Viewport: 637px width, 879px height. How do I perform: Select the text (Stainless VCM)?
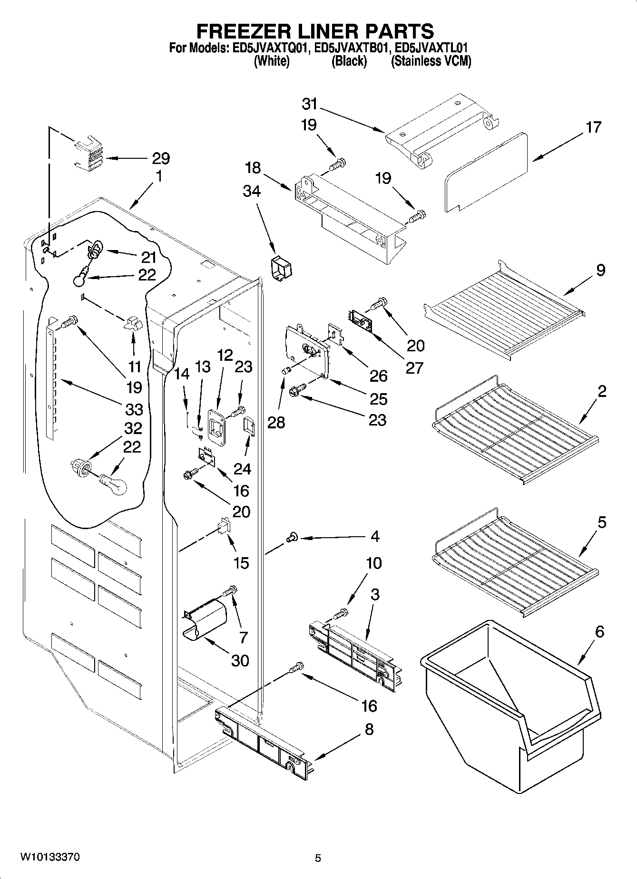[431, 61]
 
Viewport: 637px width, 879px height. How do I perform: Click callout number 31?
[309, 104]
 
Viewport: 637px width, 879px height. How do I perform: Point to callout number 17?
[594, 127]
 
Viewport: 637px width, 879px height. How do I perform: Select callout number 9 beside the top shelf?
[600, 270]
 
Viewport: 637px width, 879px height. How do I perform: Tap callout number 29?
[161, 158]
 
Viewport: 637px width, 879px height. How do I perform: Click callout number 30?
[240, 660]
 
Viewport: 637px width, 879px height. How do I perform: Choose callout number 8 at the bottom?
[369, 729]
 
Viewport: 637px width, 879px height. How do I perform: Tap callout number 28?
[276, 422]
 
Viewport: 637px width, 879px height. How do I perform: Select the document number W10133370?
[49, 857]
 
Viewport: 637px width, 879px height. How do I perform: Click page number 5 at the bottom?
[318, 858]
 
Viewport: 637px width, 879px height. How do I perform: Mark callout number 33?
[134, 408]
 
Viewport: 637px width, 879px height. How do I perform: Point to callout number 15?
[241, 563]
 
